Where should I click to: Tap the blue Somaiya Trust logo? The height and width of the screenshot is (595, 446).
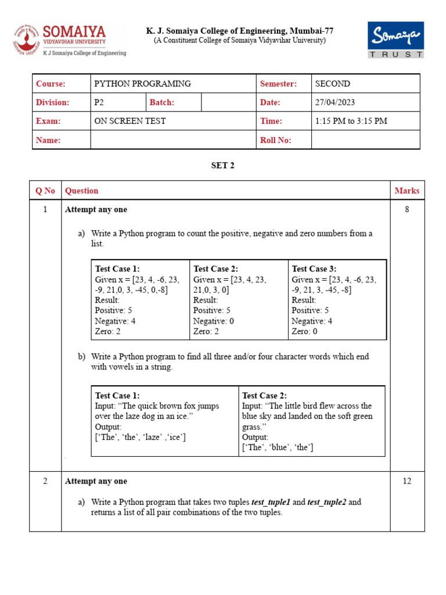pos(395,40)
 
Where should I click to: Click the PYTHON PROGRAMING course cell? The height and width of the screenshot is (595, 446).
pos(142,84)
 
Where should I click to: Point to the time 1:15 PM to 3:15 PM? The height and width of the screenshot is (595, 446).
pos(351,121)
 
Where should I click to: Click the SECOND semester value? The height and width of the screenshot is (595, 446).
pos(332,84)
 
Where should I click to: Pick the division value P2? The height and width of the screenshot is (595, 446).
pos(99,102)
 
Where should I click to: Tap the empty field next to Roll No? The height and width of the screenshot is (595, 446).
pos(365,140)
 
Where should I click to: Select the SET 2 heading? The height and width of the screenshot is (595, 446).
pos(222,166)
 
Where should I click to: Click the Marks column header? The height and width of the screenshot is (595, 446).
pos(407,191)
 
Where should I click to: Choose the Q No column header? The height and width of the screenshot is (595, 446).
pos(45,191)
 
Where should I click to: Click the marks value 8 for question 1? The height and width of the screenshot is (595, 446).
pos(407,209)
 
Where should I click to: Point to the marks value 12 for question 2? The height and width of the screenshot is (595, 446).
pos(407,481)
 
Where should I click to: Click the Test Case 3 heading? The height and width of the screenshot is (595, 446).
pos(314,268)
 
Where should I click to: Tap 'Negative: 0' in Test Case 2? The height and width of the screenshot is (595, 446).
pos(214,321)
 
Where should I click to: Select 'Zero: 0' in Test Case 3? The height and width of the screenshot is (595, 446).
pos(304,331)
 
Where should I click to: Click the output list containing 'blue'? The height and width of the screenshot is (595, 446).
pos(278,447)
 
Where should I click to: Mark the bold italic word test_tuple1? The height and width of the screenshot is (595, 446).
pos(271,502)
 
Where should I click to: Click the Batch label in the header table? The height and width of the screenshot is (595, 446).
pos(162,102)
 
